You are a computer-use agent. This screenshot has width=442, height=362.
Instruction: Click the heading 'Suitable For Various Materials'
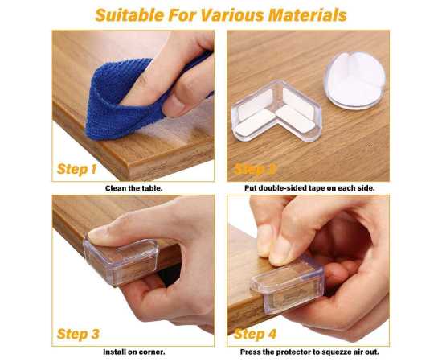[221, 14]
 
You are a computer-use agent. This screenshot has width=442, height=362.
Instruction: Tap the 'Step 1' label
[77, 169]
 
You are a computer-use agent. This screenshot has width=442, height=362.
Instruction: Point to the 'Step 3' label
[78, 333]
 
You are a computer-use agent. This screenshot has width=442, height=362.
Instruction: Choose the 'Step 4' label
[255, 333]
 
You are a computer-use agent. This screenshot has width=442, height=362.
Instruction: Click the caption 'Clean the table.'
[133, 188]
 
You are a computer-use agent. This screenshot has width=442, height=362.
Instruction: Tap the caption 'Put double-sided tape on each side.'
[309, 188]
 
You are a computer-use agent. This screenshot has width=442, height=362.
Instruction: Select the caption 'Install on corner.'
[133, 352]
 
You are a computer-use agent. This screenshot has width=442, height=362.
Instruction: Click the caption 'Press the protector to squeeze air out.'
[309, 352]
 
